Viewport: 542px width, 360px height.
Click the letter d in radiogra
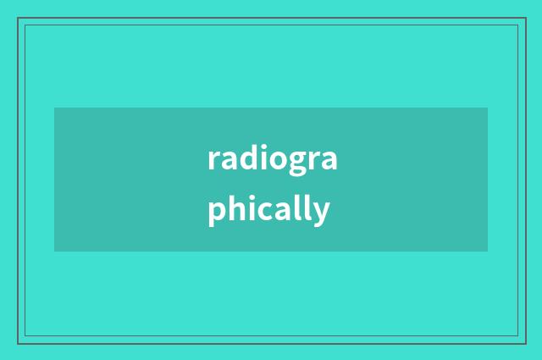(244, 158)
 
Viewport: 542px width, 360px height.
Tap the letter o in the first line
(274, 160)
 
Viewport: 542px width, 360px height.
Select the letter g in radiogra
(294, 162)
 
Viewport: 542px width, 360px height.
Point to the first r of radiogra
(213, 160)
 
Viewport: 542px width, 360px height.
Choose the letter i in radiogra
(258, 158)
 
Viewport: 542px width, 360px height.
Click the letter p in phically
(216, 212)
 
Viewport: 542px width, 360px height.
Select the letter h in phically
(235, 208)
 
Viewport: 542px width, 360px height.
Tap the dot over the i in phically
(250, 197)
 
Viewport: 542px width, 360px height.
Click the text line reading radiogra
(272, 158)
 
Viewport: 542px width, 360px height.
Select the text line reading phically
(268, 209)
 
